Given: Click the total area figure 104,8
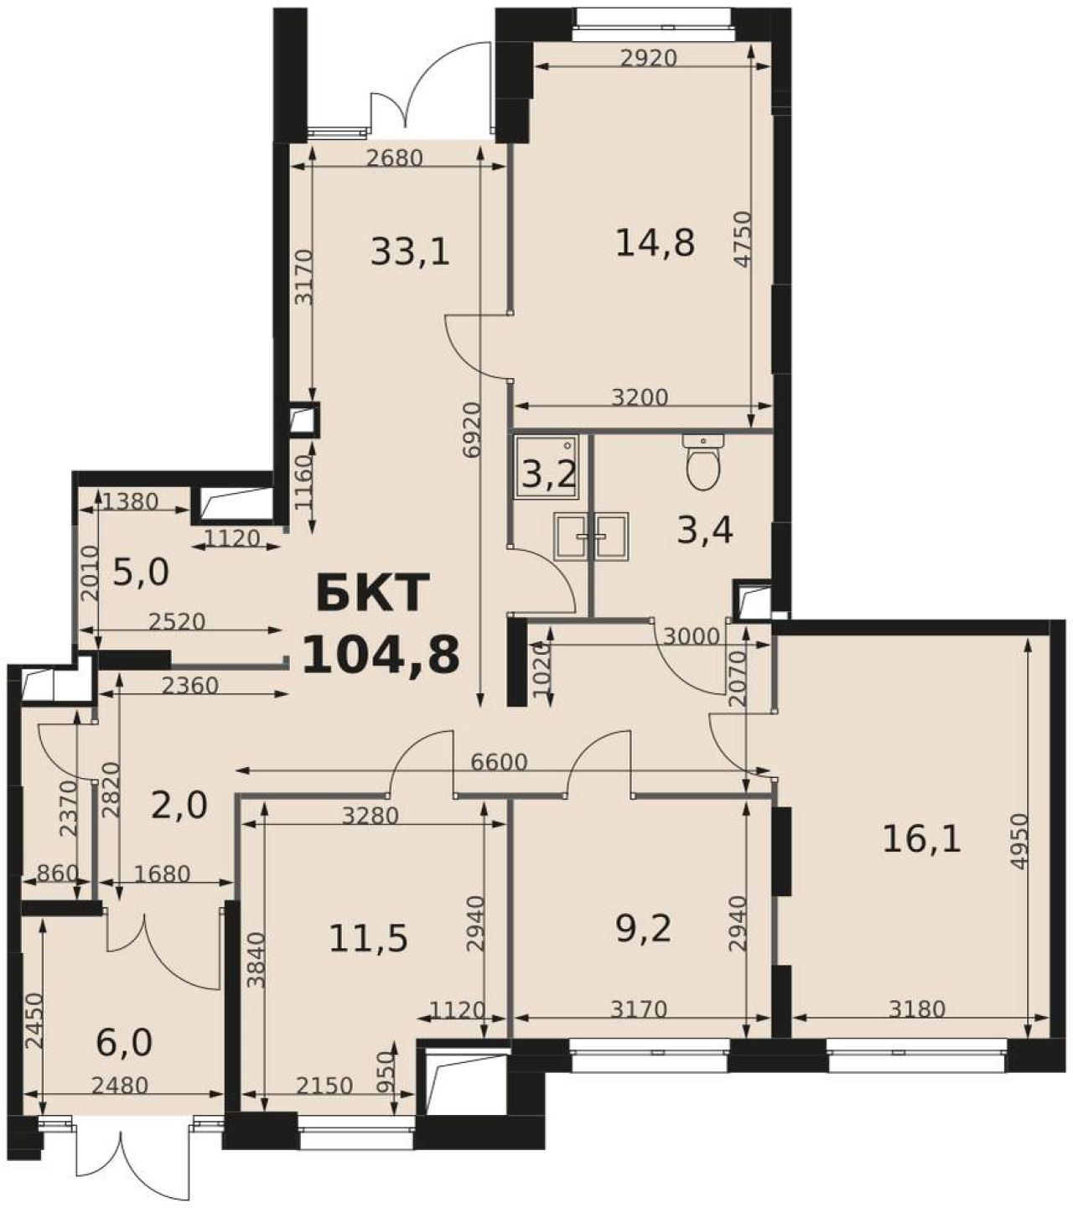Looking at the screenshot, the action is pyautogui.click(x=381, y=655).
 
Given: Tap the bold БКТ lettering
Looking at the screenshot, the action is pyautogui.click(x=373, y=594).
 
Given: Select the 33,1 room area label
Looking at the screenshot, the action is pyautogui.click(x=410, y=251).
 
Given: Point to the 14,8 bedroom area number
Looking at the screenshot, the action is pyautogui.click(x=655, y=243).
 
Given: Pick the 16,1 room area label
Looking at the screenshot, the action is pyautogui.click(x=921, y=841).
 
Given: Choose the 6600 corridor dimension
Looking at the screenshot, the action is pyautogui.click(x=499, y=762).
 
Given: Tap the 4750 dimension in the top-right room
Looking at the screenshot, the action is pyautogui.click(x=744, y=240).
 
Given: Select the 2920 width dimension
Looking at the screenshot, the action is pyautogui.click(x=648, y=59).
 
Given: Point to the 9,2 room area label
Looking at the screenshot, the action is pyautogui.click(x=643, y=929).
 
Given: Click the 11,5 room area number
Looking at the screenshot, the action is pyautogui.click(x=369, y=938).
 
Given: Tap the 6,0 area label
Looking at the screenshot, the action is pyautogui.click(x=124, y=1042).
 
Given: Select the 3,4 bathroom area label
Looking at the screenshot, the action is pyautogui.click(x=705, y=531).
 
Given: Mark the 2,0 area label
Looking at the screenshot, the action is pyautogui.click(x=179, y=805).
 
